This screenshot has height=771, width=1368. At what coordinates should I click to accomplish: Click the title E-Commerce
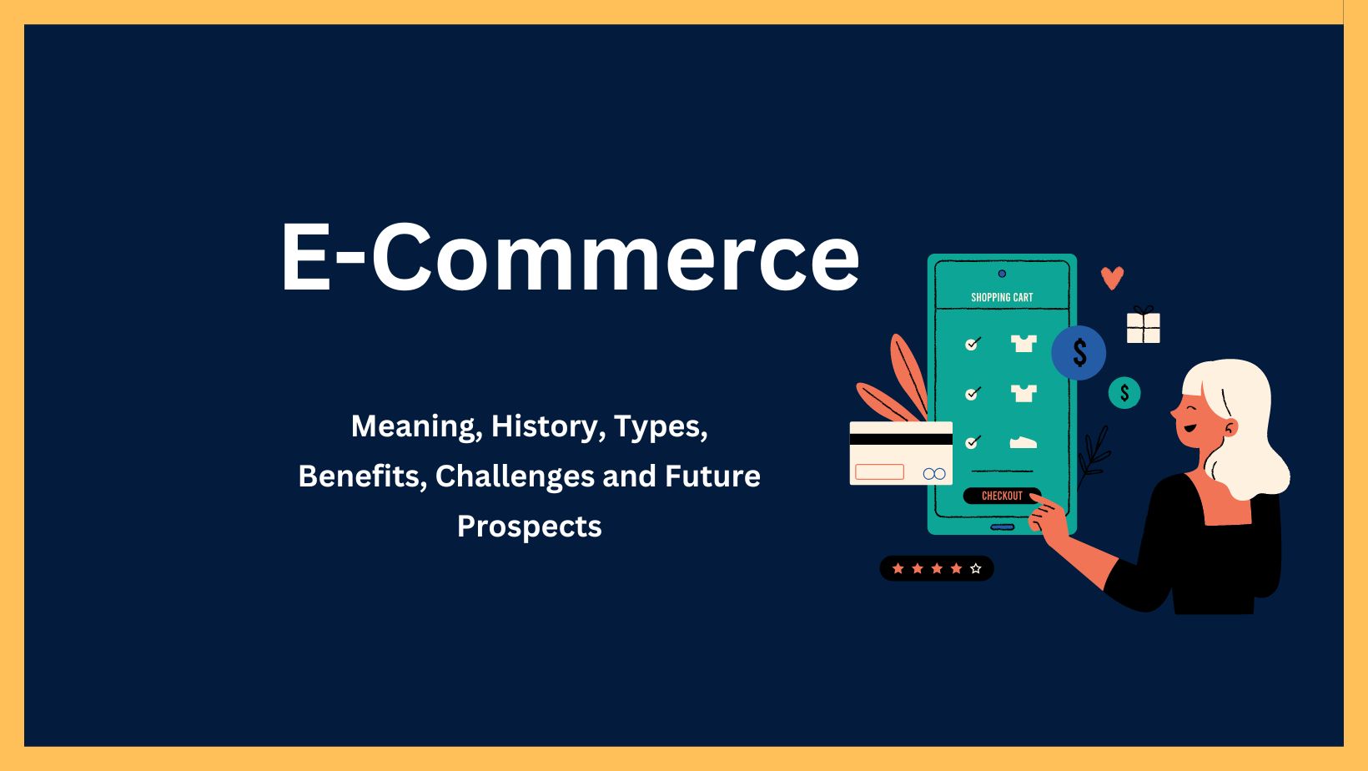click(570, 257)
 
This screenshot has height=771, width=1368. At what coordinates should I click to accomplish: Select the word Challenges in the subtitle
click(515, 476)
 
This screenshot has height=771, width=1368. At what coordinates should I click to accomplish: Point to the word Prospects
click(530, 526)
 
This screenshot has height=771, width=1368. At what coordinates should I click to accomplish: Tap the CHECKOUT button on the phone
click(1002, 496)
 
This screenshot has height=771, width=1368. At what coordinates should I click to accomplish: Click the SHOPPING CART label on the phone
click(1002, 298)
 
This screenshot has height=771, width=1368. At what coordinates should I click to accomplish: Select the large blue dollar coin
click(1079, 353)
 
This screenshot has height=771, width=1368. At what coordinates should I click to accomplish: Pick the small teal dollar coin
click(1124, 393)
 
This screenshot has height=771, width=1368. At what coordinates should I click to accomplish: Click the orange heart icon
click(1112, 278)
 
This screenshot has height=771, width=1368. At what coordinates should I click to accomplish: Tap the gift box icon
click(1144, 325)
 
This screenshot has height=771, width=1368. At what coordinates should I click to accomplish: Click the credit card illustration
click(901, 453)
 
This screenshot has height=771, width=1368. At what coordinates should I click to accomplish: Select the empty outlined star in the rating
click(976, 569)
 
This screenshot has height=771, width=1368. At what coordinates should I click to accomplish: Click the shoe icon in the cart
click(1023, 441)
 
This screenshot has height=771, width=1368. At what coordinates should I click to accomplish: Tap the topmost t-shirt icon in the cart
click(1023, 343)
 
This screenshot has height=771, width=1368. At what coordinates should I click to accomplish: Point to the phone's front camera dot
click(1002, 274)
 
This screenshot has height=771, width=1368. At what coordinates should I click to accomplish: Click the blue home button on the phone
click(1002, 527)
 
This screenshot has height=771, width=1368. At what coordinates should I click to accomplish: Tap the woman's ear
click(1230, 427)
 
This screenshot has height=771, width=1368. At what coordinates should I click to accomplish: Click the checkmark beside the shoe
click(973, 441)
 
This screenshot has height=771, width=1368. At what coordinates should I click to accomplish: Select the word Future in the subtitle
click(712, 476)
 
